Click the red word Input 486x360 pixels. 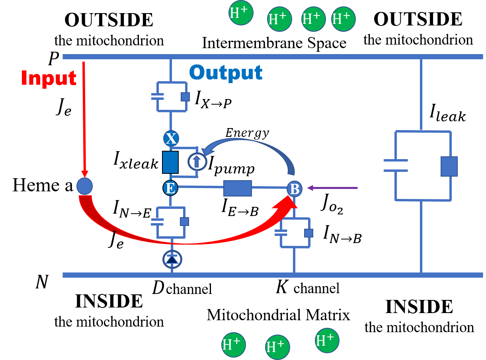pyautogui.click(x=49, y=78)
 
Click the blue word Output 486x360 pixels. pyautogui.click(x=226, y=73)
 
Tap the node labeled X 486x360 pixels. pyautogui.click(x=171, y=138)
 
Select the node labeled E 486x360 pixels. pyautogui.click(x=170, y=188)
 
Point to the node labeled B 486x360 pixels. pyautogui.click(x=295, y=189)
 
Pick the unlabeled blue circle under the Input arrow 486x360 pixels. pyautogui.click(x=84, y=186)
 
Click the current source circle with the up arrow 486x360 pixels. pyautogui.click(x=197, y=161)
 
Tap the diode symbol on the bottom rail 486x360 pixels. pyautogui.click(x=172, y=259)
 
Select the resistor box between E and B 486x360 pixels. pyautogui.click(x=237, y=188)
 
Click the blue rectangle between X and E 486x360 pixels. pyautogui.click(x=170, y=162)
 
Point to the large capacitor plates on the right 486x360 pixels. pyautogui.click(x=396, y=165)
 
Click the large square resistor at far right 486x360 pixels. pyautogui.click(x=449, y=166)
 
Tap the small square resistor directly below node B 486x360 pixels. pyautogui.click(x=308, y=233)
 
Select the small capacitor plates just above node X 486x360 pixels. pyautogui.click(x=158, y=96)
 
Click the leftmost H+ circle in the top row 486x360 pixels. pyautogui.click(x=241, y=13)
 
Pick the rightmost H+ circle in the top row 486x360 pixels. pyautogui.click(x=343, y=19)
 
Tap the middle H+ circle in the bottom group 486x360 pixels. pyautogui.click(x=277, y=347)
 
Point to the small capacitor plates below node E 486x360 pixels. pyautogui.click(x=158, y=222)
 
